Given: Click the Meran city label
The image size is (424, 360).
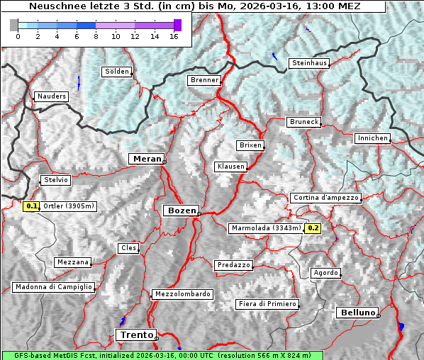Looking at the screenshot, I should (x=147, y=159).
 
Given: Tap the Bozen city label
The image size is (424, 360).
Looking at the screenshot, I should (x=181, y=210).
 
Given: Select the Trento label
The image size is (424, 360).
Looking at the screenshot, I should (x=135, y=334).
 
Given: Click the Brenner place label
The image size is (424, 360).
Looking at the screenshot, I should (x=205, y=80).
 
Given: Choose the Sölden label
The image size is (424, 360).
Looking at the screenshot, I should (x=117, y=72).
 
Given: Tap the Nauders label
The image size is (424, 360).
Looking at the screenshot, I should (x=52, y=96).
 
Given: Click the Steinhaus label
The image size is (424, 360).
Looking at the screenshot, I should (x=310, y=63).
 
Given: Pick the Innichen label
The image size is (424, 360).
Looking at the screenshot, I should (x=372, y=138).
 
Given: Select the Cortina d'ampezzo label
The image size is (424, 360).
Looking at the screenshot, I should (x=325, y=198).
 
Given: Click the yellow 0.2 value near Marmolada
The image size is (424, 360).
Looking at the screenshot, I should (x=313, y=228).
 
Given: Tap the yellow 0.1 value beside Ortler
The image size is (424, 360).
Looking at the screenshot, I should (x=31, y=206).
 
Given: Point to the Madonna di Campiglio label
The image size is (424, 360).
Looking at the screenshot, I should (x=53, y=287).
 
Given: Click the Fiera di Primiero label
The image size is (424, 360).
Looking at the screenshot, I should (x=267, y=304).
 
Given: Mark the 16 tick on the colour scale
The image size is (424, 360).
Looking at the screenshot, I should (x=174, y=36).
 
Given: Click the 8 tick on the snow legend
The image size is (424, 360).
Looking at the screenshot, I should (x=96, y=36).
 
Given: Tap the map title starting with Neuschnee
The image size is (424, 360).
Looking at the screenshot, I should (x=194, y=6).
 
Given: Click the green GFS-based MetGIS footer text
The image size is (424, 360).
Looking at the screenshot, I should (x=162, y=355).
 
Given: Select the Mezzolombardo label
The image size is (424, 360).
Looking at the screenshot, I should (x=182, y=293).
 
